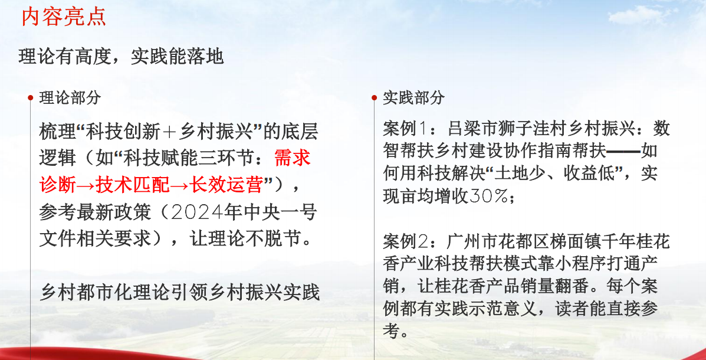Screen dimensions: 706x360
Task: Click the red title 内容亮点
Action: pyautogui.click(x=64, y=17)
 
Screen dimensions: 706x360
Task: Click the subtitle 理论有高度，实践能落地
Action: pyautogui.click(x=121, y=57)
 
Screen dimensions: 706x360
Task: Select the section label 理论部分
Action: pyautogui.click(x=70, y=97)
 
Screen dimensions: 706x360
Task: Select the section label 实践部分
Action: pyautogui.click(x=414, y=97)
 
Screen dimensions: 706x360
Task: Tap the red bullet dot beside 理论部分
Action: pyautogui.click(x=30, y=97)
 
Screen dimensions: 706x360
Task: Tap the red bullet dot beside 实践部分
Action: pyautogui.click(x=374, y=97)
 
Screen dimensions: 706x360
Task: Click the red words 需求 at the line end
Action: pyautogui.click(x=292, y=158)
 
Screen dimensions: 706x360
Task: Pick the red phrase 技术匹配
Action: pyautogui.click(x=133, y=185)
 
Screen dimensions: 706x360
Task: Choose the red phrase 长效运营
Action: pyautogui.click(x=226, y=185)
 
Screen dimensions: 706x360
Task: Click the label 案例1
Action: pyautogui.click(x=405, y=129)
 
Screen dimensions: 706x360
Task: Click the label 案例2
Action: pyautogui.click(x=405, y=242)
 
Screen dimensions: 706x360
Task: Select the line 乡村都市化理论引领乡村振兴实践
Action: pyautogui.click(x=180, y=293)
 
